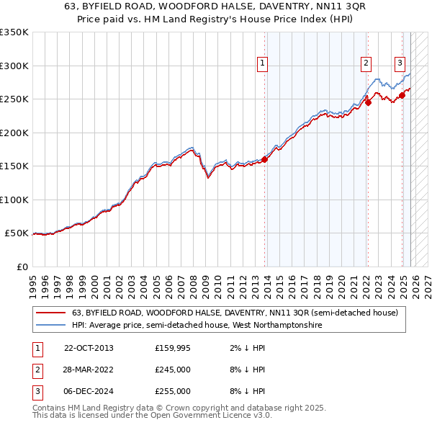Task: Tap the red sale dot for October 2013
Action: pos(264,159)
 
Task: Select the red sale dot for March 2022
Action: pos(368,102)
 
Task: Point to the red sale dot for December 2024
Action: pos(402,95)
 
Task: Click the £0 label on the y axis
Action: pos(21,267)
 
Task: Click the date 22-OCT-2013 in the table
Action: pos(89,348)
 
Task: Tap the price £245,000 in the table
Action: pos(173,370)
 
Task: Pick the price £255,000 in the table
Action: pos(173,391)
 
